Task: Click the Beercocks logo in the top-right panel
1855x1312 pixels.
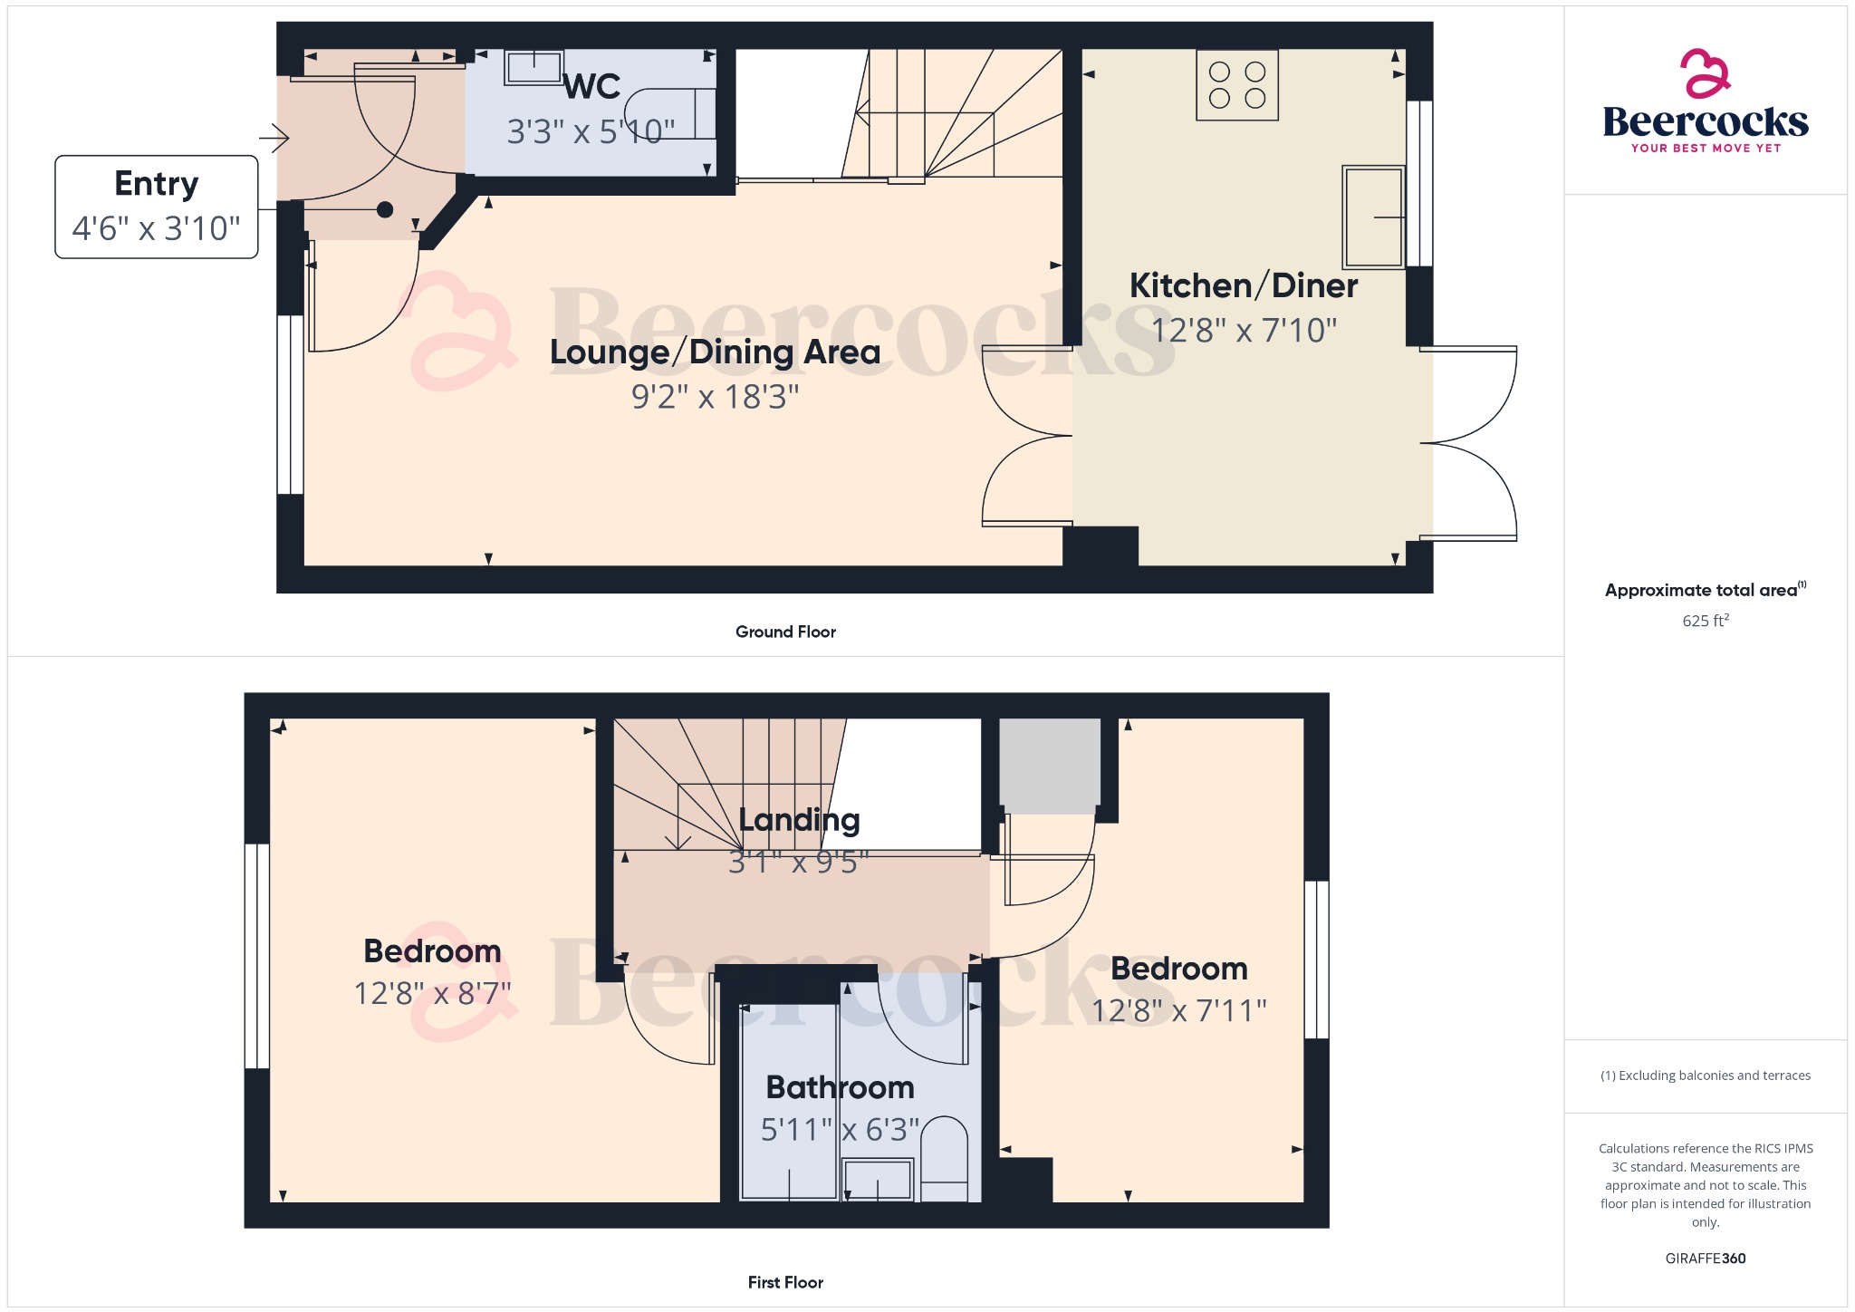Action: [1706, 102]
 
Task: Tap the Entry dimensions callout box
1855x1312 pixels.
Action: [156, 207]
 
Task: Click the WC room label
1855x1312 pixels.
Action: [592, 87]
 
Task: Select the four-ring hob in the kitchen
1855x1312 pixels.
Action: [1237, 85]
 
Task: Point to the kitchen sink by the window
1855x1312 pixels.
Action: [1373, 217]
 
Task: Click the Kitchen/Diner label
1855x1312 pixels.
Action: [1243, 286]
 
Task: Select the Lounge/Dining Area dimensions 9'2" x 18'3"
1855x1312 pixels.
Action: [715, 397]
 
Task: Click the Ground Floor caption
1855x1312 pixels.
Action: [785, 632]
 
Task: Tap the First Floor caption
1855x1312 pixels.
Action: [785, 1282]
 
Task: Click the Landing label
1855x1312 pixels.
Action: [799, 820]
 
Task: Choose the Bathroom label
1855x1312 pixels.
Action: [840, 1087]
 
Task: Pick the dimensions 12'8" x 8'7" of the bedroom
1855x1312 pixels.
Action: [432, 994]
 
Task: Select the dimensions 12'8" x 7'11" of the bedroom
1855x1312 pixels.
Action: [1178, 1010]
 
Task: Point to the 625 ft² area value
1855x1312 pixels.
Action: [1706, 621]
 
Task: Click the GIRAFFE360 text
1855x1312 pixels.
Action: [1706, 1259]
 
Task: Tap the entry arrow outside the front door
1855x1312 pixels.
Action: [274, 139]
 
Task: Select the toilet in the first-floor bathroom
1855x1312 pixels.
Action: [944, 1158]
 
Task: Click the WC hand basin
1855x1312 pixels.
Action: [534, 67]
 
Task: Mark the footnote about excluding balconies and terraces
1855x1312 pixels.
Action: [1706, 1076]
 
